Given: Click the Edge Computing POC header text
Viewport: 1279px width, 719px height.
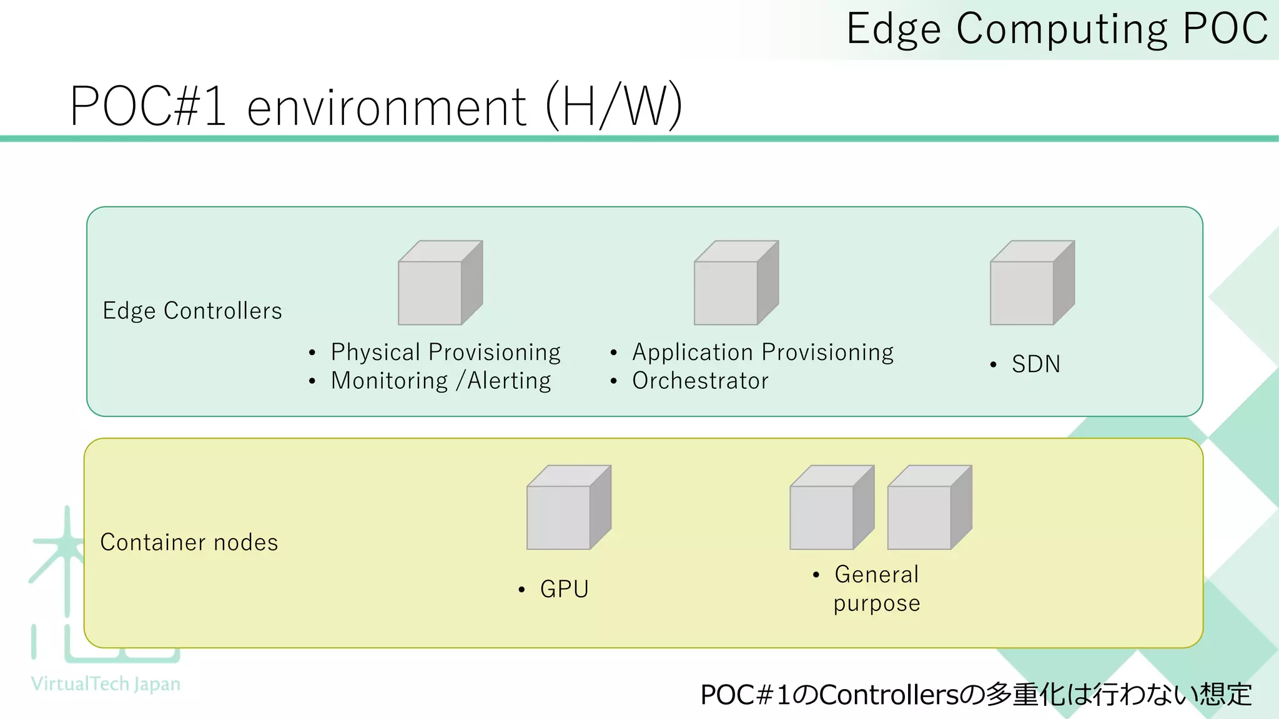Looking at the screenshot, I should pos(1057,29).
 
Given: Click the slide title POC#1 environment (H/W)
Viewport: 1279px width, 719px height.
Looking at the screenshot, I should pos(376,106).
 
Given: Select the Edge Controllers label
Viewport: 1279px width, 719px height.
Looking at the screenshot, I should pos(192,311).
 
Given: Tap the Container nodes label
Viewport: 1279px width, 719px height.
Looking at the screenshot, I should pos(189,542).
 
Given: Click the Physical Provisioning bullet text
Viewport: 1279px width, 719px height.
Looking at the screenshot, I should pos(445,353).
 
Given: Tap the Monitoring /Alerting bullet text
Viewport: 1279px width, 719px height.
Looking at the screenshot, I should pos(441,381).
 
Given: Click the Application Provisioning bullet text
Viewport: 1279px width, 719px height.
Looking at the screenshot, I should pos(763,353).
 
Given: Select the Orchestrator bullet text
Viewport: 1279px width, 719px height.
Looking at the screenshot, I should pos(700,381).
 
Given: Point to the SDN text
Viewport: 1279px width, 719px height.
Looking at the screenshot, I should pos(1035,364).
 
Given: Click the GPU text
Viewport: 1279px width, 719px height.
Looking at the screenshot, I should pos(564,589).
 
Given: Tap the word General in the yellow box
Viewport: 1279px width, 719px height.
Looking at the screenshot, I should pos(876,574).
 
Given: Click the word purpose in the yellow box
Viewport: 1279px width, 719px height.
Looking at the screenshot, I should pos(876,604).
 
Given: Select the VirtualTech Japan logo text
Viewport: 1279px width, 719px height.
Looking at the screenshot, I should pos(106,684).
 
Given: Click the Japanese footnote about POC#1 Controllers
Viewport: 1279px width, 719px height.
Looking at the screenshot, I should pos(976,695).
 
